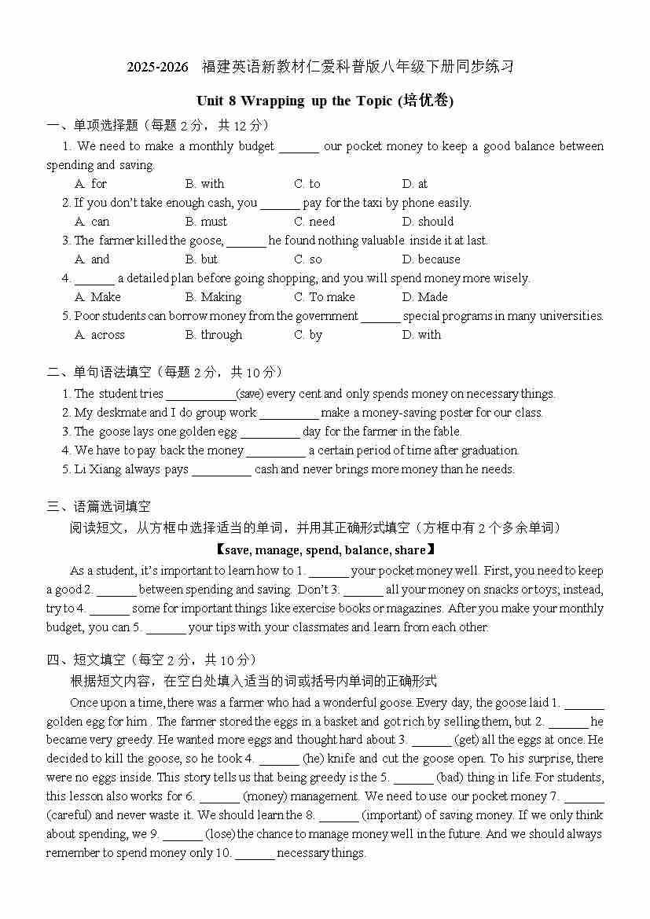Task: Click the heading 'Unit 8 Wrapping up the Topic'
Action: pyautogui.click(x=296, y=101)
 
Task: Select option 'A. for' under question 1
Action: pyautogui.click(x=90, y=184)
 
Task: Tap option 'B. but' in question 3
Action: pyautogui.click(x=201, y=259)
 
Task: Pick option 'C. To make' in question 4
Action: pyautogui.click(x=324, y=297)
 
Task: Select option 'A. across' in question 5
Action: pyautogui.click(x=99, y=335)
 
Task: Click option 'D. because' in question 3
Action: pyautogui.click(x=431, y=259)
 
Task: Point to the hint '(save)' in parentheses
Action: pyautogui.click(x=250, y=394)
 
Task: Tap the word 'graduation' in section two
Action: pyautogui.click(x=489, y=450)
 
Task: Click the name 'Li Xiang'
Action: pyautogui.click(x=97, y=469)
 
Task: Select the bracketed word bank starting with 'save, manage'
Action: pyautogui.click(x=325, y=550)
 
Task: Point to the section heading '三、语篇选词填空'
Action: pyautogui.click(x=98, y=507)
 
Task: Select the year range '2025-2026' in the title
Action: pyautogui.click(x=158, y=68)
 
